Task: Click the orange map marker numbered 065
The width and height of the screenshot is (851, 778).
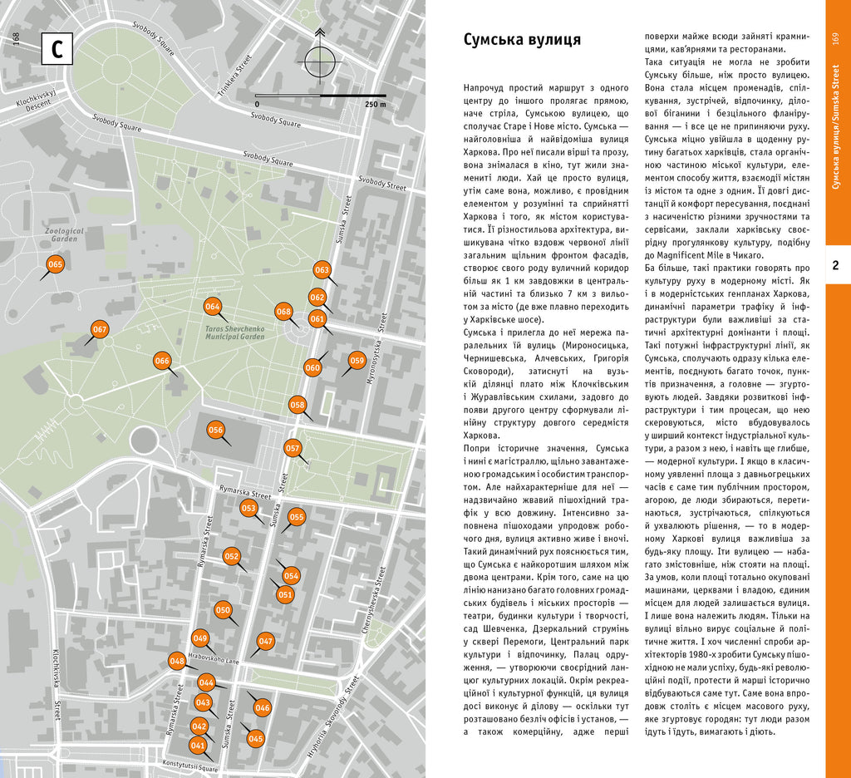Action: click(x=55, y=265)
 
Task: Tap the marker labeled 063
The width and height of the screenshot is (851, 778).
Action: click(x=322, y=270)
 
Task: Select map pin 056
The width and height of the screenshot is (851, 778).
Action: click(x=216, y=431)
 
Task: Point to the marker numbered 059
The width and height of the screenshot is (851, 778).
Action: click(x=357, y=361)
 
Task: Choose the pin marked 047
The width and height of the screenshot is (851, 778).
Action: click(x=265, y=642)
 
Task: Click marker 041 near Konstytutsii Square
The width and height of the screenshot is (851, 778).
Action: click(x=198, y=746)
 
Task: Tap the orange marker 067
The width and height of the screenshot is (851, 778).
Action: click(x=100, y=330)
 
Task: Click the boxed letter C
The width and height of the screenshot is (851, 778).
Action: click(x=57, y=50)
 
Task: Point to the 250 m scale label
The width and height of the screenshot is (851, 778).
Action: click(x=375, y=105)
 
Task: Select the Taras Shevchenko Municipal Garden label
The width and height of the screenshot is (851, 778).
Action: click(x=234, y=333)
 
